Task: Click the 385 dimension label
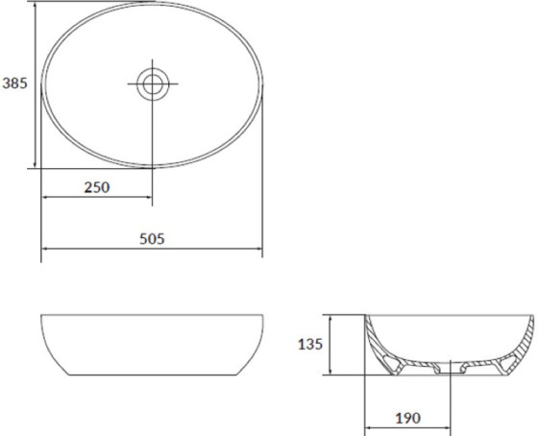point(14,84)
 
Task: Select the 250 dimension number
point(97,187)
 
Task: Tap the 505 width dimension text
point(152,239)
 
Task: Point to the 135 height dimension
point(310,344)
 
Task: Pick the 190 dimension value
point(408,418)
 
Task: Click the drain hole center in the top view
point(153,85)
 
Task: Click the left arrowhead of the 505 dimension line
point(44,249)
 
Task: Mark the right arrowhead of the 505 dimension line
point(259,249)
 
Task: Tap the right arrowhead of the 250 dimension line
point(149,197)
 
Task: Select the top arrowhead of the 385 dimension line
point(35,5)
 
